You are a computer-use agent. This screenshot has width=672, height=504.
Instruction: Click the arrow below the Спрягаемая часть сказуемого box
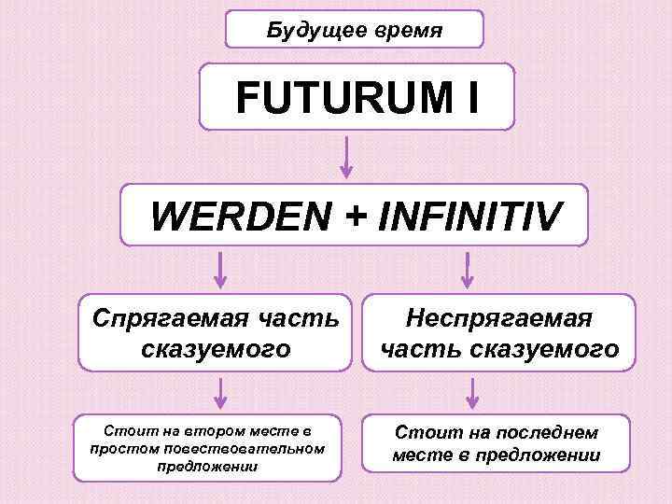[x=220, y=393]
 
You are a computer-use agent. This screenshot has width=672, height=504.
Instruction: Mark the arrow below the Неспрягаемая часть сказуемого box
[x=472, y=393]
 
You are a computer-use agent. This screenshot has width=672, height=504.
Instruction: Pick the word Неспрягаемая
[x=498, y=319]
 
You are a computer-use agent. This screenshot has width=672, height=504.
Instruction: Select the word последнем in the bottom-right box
[x=539, y=432]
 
